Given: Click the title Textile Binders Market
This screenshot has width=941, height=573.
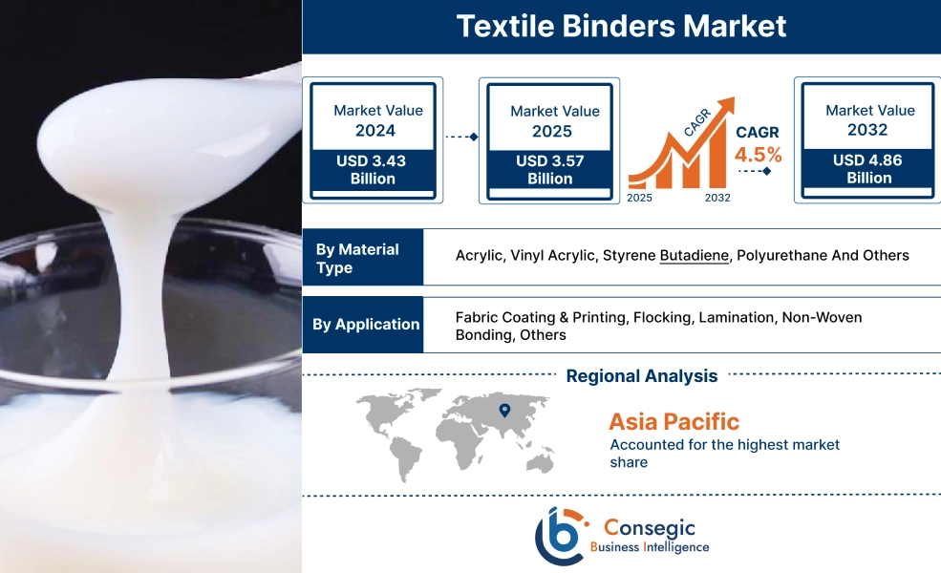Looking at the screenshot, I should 621,26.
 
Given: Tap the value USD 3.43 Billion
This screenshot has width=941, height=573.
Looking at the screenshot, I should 371,170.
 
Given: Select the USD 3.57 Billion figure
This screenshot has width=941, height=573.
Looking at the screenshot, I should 549,170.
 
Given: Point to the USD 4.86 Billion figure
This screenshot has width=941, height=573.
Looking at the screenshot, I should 868,169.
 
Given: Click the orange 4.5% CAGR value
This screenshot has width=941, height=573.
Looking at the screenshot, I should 758,155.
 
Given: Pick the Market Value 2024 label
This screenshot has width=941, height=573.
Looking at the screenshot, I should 376,120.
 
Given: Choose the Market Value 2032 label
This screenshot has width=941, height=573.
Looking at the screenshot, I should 868,120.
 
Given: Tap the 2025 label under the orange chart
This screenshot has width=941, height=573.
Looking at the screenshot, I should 640,198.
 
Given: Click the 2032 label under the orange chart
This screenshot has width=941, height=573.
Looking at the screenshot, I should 717,198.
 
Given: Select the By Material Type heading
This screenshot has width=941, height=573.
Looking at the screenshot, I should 358,258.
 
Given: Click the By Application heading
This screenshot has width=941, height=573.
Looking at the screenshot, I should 366,325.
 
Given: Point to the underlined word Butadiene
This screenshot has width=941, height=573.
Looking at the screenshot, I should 695,256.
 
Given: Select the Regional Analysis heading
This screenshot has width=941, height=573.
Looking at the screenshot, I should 641,376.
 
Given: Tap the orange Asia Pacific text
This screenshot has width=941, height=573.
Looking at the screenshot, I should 674,421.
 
